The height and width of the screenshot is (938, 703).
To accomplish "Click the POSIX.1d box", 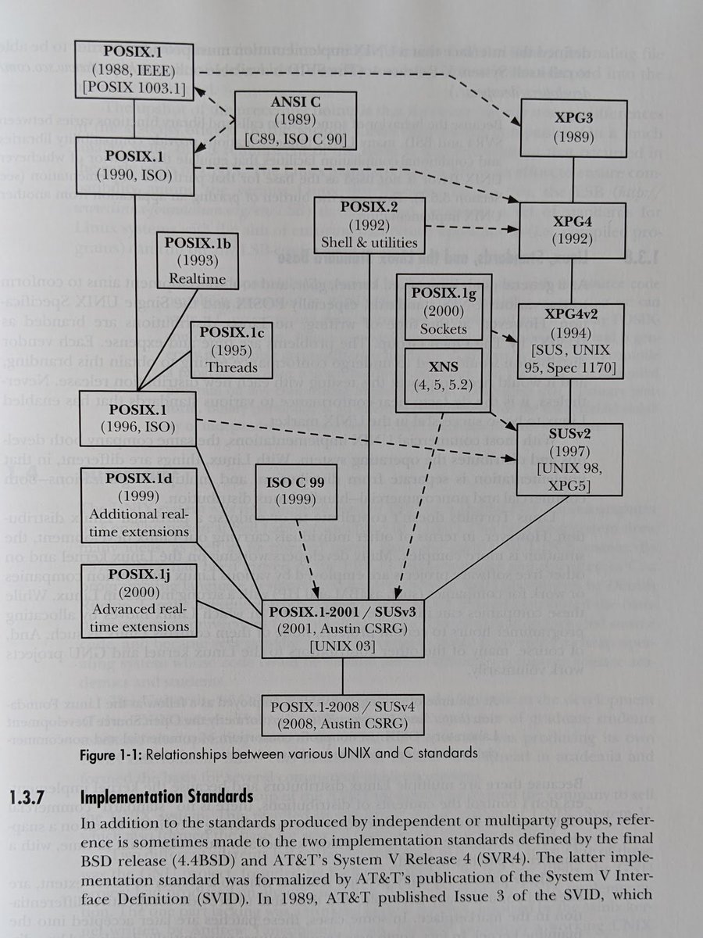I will (x=139, y=505).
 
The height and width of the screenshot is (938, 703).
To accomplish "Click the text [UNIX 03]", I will (x=342, y=648).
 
